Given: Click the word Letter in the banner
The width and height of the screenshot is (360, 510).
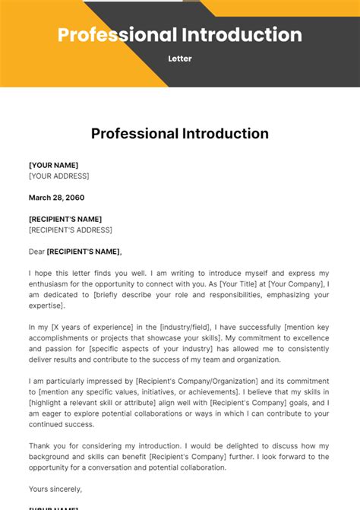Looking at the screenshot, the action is point(180,59).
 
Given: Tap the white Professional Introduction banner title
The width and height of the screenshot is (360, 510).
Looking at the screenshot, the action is point(180,35).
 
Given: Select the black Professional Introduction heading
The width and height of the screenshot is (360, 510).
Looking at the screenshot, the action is point(180,134).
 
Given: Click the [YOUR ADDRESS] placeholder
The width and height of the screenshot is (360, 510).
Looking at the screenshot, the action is point(58,176).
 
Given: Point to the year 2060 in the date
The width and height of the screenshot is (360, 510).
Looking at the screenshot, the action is point(74,198).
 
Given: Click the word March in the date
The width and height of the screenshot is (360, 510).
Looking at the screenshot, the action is point(42,198).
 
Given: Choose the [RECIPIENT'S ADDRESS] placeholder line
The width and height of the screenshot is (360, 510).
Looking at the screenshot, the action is point(70,230).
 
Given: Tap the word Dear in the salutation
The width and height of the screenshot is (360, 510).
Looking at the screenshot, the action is point(36,252).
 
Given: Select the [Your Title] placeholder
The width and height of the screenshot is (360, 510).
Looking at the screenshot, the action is point(241,284).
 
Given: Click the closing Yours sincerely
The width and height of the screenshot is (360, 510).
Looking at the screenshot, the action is point(55,489).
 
